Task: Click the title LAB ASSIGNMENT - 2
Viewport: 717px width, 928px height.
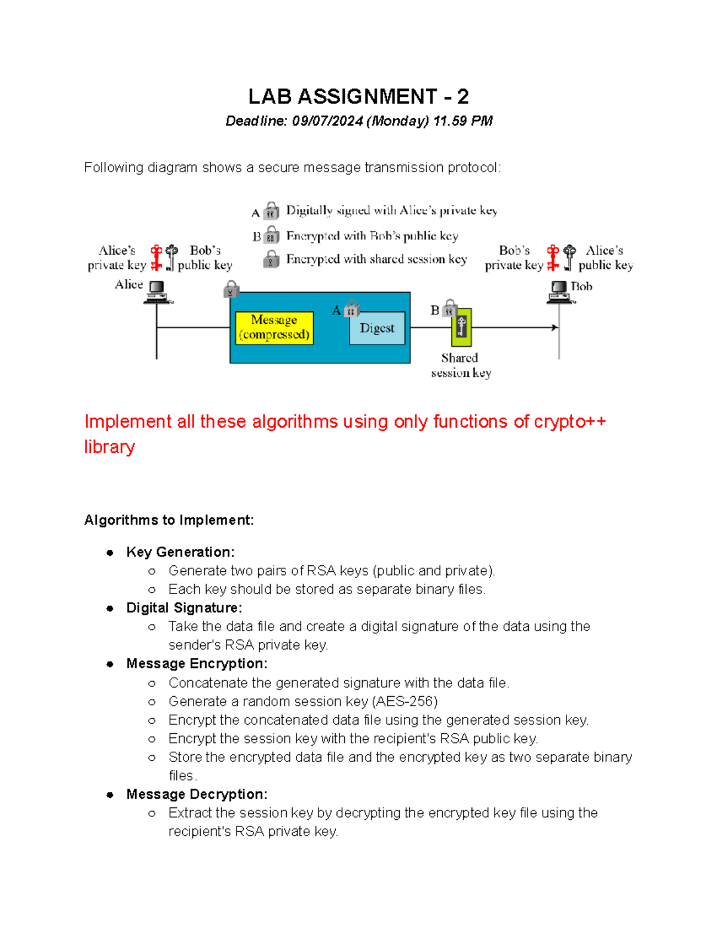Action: click(358, 96)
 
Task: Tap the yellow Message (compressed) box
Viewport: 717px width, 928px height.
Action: click(274, 327)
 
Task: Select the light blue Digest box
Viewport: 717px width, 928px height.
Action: click(377, 328)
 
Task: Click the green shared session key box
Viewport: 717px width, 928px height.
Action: click(461, 327)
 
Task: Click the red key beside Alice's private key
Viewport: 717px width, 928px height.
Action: click(157, 258)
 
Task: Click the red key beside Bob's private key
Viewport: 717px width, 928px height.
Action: click(553, 258)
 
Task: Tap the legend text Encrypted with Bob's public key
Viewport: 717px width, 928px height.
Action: click(372, 236)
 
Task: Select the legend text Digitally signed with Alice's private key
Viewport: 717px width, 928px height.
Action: click(391, 210)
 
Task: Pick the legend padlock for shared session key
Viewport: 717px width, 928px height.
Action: click(271, 259)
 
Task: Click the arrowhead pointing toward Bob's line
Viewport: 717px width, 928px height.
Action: click(554, 327)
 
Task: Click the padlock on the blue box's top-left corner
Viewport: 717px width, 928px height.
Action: click(231, 290)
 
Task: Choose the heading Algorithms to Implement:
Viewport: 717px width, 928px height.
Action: click(169, 520)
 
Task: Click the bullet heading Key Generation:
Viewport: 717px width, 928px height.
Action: click(180, 552)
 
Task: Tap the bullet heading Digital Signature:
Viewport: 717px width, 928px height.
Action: click(184, 608)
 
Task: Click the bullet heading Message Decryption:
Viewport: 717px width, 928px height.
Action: click(197, 794)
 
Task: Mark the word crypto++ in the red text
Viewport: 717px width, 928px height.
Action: click(570, 422)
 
